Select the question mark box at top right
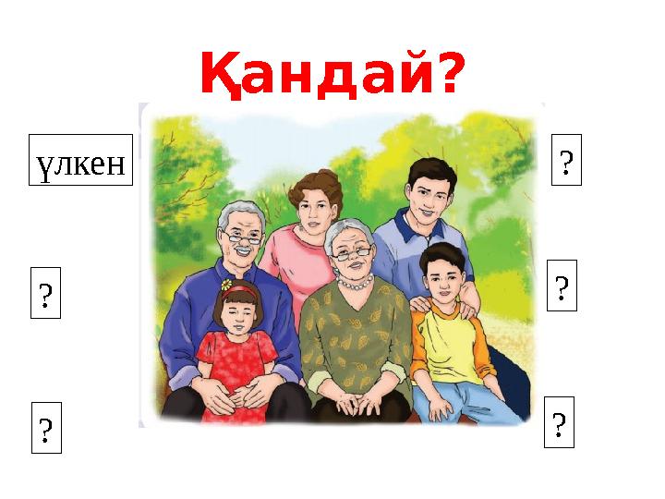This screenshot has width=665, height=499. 566,160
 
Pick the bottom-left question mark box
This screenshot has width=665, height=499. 46,428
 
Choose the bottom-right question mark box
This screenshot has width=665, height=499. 559,423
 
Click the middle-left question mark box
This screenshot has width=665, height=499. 46,294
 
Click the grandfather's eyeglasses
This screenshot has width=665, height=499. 241,238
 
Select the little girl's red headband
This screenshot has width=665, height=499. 240,290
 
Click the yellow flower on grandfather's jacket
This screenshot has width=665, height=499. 226,284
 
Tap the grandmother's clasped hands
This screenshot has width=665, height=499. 354,403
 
